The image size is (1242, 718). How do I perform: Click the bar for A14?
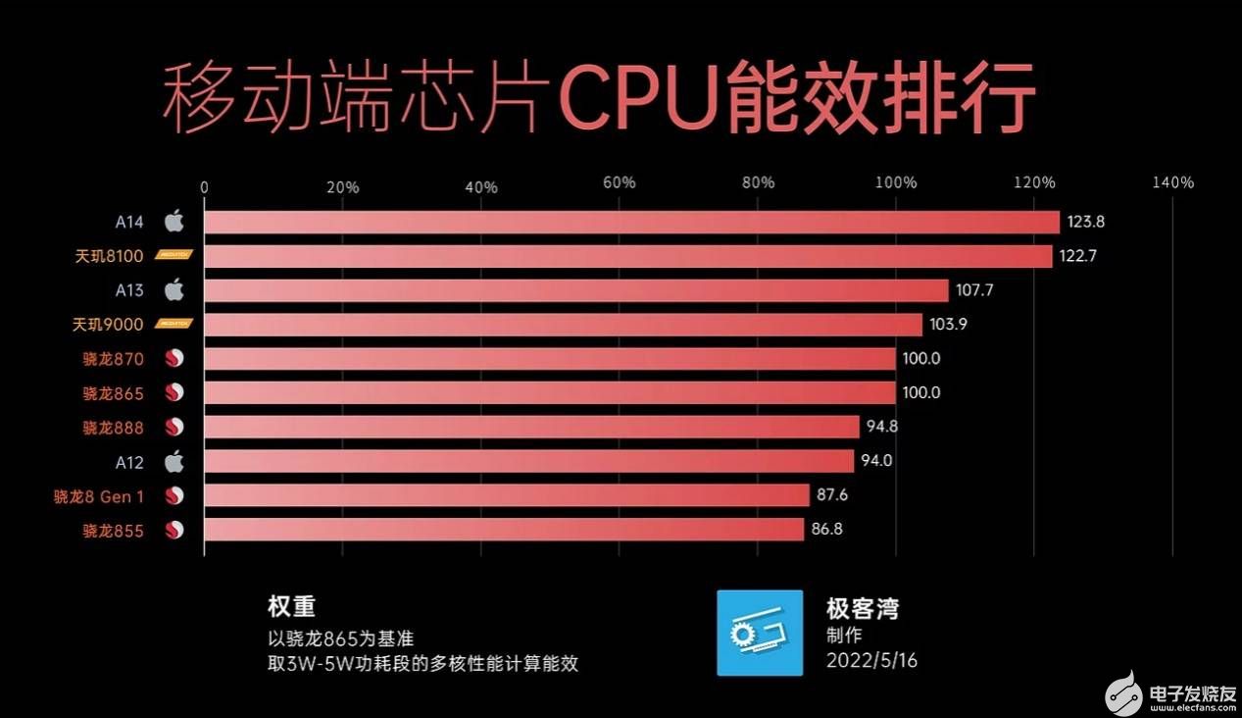coord(631,222)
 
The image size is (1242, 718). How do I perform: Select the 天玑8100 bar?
coord(627,256)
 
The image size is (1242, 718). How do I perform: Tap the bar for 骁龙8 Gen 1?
coord(507,495)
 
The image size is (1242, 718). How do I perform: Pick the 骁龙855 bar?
coord(504,530)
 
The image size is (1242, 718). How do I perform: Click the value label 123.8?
coord(1086,222)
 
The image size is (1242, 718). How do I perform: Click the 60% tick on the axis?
coord(620,183)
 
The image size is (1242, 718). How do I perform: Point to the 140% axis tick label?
coord(1172,183)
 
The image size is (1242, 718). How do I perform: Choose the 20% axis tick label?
coord(342,186)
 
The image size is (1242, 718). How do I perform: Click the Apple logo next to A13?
coord(174,290)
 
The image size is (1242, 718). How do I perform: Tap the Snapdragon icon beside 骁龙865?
coord(174,393)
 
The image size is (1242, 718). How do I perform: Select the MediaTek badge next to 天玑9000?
coord(174,324)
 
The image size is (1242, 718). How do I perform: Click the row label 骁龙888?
coord(113,428)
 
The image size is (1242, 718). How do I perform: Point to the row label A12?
coord(128,461)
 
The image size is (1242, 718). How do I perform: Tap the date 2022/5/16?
coord(871,660)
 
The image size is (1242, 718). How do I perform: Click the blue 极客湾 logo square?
coord(760,633)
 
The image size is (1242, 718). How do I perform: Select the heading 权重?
coord(291,606)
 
